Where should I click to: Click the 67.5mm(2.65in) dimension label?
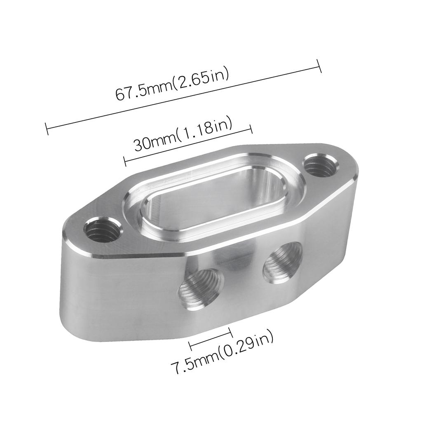pyautogui.click(x=171, y=87)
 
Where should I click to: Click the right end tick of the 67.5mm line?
pyautogui.click(x=319, y=66)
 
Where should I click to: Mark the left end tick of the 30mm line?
pyautogui.click(x=124, y=161)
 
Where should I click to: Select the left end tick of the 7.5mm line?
pyautogui.click(x=190, y=345)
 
